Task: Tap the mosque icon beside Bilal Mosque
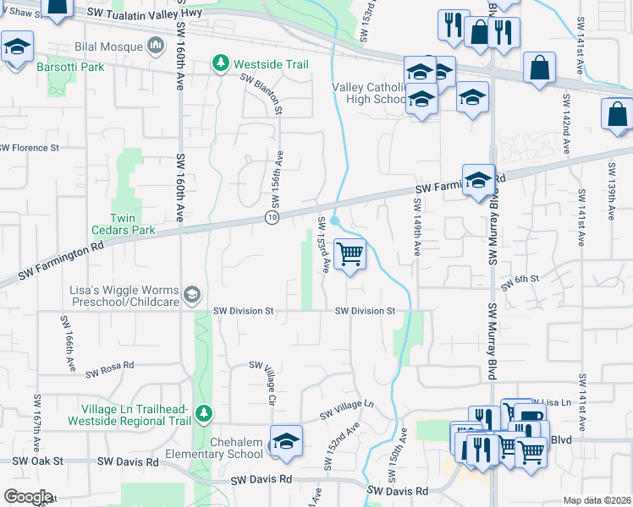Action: click(155, 45)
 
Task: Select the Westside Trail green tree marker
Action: click(221, 63)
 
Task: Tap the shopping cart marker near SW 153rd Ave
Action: click(350, 253)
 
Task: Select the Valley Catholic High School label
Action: click(372, 93)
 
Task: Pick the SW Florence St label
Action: click(30, 147)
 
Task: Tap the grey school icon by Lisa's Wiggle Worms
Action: click(192, 294)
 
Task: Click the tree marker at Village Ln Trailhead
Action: click(203, 412)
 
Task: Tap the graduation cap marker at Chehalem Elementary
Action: click(286, 442)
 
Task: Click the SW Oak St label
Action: click(39, 462)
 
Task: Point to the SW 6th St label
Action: click(520, 282)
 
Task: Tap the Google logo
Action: click(28, 497)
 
